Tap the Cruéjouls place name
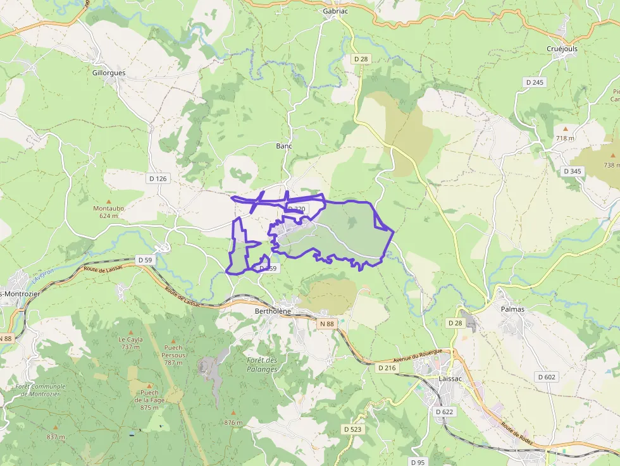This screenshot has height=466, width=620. tap(562, 49)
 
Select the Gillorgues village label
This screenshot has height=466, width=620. tap(109, 73)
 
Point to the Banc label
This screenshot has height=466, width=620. tap(284, 145)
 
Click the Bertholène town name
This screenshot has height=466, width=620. tap(272, 312)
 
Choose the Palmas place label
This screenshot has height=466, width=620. tap(514, 309)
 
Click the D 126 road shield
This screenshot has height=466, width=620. tap(158, 178)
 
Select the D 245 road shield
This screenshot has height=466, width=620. tap(535, 82)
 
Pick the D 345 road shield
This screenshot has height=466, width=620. tap(572, 171)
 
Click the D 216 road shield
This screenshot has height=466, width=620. tap(387, 367)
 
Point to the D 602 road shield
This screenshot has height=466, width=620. tap(546, 377)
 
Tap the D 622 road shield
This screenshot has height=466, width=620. tap(445, 411)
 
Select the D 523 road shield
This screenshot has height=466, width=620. tap(353, 429)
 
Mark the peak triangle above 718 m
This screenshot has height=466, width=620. tap(566, 128)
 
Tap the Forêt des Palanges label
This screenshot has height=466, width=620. tap(262, 364)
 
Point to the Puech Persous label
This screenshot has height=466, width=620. tap(173, 351)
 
